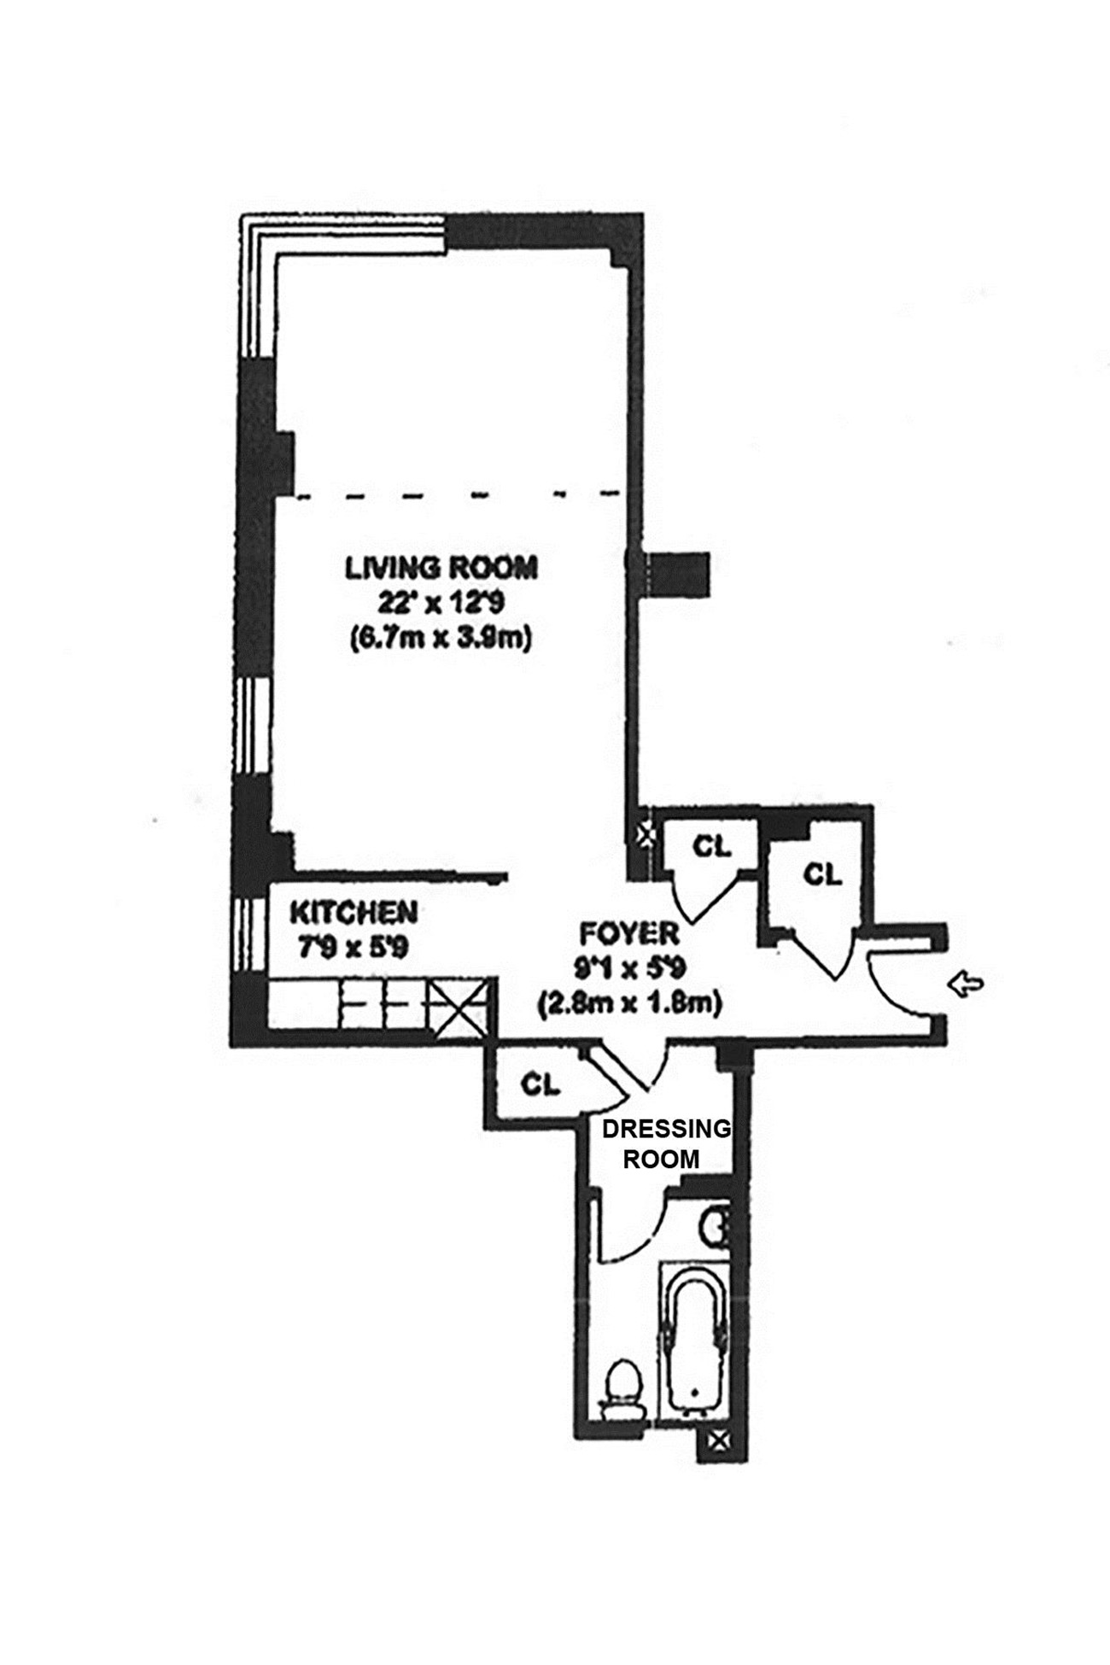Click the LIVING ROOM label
[x=441, y=568]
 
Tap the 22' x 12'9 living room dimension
[x=441, y=603]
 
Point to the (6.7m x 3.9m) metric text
[x=441, y=638]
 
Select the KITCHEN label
[x=353, y=913]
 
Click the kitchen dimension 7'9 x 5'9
[x=348, y=947]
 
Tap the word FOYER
[x=628, y=933]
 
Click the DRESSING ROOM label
[x=666, y=1143]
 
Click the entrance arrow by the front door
[x=967, y=985]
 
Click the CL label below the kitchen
[x=540, y=1084]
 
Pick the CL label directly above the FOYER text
[x=711, y=846]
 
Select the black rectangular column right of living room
[x=676, y=573]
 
